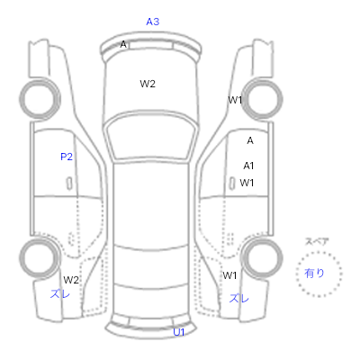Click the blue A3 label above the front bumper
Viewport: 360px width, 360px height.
tap(153, 22)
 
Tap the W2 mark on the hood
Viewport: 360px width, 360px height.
tap(148, 84)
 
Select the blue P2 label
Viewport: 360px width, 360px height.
tap(67, 157)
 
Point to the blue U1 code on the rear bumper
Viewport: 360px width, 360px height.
tap(179, 332)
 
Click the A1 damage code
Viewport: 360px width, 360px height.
tap(248, 166)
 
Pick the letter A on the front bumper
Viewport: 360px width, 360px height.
tap(123, 44)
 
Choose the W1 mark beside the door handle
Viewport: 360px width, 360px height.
tap(247, 183)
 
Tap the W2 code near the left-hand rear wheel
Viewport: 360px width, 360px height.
tap(71, 280)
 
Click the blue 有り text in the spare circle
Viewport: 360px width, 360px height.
tap(314, 273)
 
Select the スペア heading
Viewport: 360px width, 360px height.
tap(317, 242)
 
